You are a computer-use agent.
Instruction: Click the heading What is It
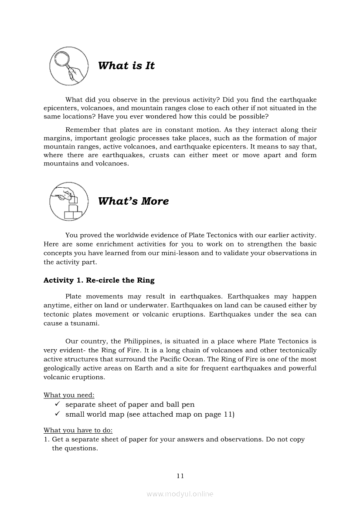(x=126, y=66)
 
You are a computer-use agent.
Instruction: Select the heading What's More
(x=133, y=201)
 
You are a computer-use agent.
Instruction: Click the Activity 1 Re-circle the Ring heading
(x=99, y=280)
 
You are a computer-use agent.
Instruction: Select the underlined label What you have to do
(x=78, y=430)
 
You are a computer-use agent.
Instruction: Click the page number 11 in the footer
(x=180, y=476)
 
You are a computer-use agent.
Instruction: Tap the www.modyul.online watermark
(x=180, y=494)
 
